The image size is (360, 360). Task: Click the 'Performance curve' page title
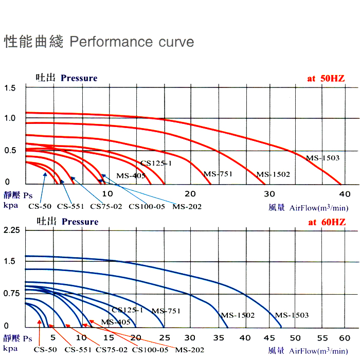pos(131,42)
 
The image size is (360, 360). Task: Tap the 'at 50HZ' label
pos(326,78)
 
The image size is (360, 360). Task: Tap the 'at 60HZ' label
pos(327,222)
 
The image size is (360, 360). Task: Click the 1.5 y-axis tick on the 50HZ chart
pos(10,88)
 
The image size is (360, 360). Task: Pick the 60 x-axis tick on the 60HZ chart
pos(344,338)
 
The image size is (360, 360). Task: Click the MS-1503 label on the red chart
pos(322,158)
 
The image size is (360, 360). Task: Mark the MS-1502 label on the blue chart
pos(238,315)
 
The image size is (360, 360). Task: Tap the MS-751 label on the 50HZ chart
pos(218,174)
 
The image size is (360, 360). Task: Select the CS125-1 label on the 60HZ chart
pos(127,310)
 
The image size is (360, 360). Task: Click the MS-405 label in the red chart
pos(131,176)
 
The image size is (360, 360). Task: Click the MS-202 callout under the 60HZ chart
pos(190,350)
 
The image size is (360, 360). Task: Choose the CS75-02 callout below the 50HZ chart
pos(105,206)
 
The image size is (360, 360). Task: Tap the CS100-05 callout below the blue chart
pos(150,350)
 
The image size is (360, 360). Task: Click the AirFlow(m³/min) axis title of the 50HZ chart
pos(319,208)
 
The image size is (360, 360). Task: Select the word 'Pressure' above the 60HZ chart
pos(80,222)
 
